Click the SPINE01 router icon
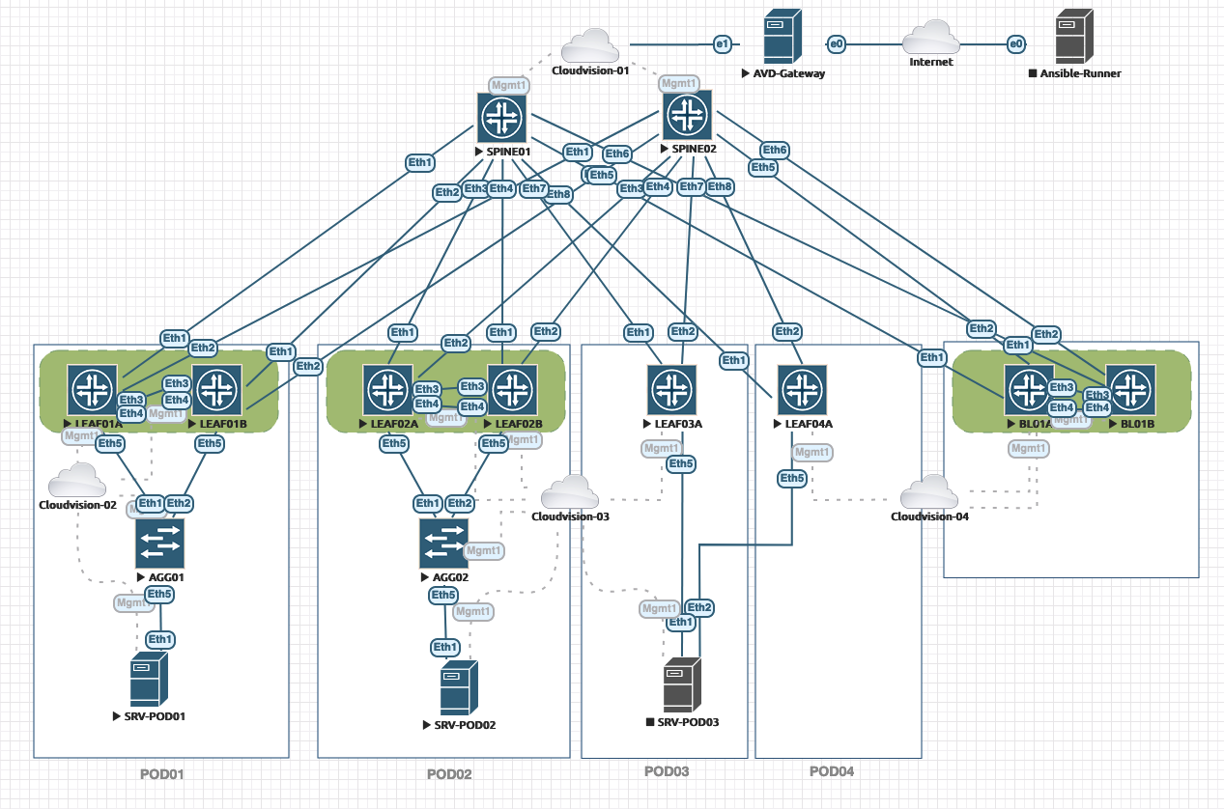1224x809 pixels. [x=499, y=117]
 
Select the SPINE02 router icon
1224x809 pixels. [x=687, y=115]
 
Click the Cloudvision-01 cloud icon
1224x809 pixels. [x=589, y=46]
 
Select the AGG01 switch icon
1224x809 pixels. [x=159, y=543]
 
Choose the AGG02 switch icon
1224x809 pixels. [x=444, y=543]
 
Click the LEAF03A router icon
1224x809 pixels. [x=672, y=390]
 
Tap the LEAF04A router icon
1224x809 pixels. [x=798, y=390]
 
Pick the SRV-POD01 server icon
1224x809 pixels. [x=149, y=679]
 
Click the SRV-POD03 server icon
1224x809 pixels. [x=682, y=685]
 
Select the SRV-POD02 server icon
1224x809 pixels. [x=459, y=687]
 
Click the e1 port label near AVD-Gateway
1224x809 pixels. [x=722, y=43]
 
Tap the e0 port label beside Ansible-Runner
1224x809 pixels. [x=1014, y=43]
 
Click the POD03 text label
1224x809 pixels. [x=667, y=771]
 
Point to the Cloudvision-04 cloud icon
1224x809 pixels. [x=929, y=493]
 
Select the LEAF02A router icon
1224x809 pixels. [x=388, y=390]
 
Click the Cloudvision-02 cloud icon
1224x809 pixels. [x=77, y=481]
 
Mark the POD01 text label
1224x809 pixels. [x=161, y=773]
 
